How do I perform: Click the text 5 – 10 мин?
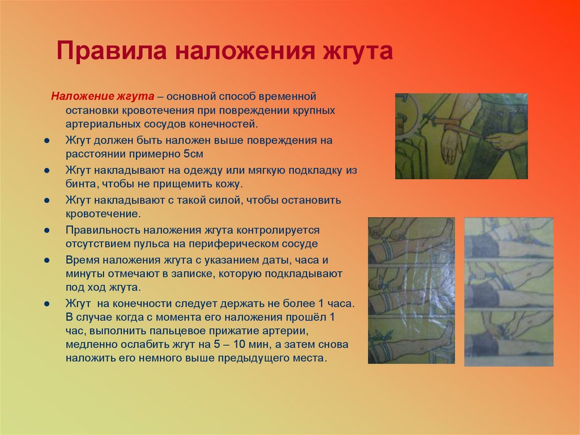253,345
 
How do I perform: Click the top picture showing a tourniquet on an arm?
461,136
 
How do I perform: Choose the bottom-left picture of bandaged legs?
411,290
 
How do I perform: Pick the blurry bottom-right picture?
509,292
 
